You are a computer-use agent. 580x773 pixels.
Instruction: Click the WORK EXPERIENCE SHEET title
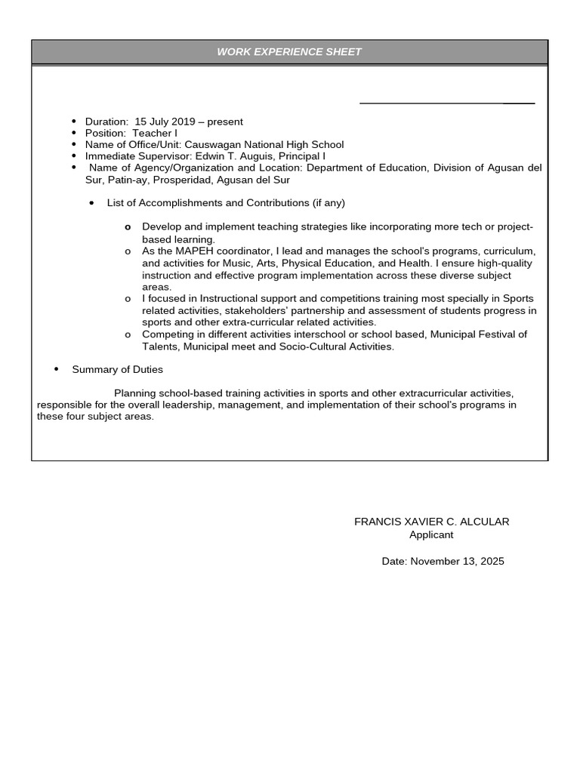[289, 52]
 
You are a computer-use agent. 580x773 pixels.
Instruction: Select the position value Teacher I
[154, 133]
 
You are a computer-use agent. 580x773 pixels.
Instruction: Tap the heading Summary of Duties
[117, 370]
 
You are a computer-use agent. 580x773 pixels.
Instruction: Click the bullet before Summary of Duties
[57, 369]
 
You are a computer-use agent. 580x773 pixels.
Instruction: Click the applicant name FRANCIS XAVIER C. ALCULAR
[431, 522]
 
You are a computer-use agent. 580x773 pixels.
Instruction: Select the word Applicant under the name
[431, 534]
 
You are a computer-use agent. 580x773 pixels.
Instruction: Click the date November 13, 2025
[458, 562]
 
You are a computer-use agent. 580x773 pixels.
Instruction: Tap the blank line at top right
[446, 102]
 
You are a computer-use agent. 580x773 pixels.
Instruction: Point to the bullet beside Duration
[74, 122]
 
